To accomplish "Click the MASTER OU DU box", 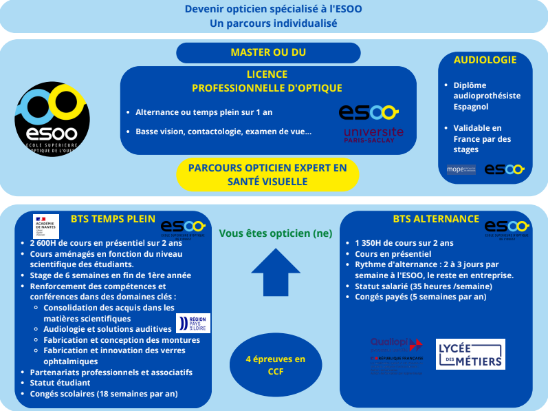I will tap(268, 52).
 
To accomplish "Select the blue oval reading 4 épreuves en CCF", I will tap(275, 365).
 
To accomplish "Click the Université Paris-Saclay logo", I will tap(373, 134).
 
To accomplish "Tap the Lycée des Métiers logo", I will tap(470, 354).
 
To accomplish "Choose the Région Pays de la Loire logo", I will tap(193, 323).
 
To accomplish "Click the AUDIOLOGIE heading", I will tap(485, 60).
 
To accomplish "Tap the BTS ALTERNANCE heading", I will tap(436, 219).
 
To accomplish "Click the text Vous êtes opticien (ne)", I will tap(275, 233).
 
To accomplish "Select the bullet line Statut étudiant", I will tap(61, 383).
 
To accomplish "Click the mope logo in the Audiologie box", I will tap(461, 169).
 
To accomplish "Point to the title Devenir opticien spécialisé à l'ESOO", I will tap(274, 10).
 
